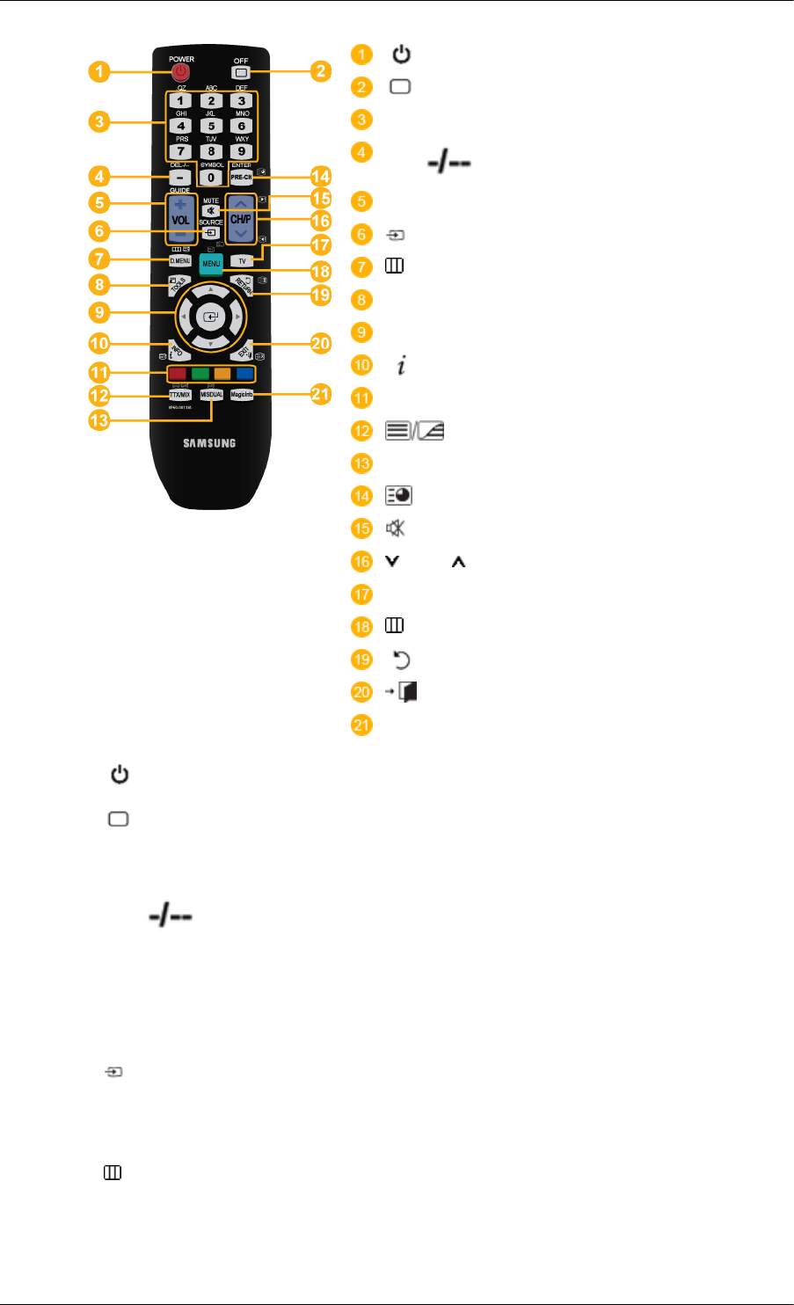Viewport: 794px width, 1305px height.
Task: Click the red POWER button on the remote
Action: pos(179,72)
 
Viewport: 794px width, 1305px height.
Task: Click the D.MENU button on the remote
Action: pos(180,260)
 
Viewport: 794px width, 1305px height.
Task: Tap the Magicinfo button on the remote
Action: pos(243,396)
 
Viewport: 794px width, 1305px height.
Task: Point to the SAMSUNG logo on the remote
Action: pos(209,442)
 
